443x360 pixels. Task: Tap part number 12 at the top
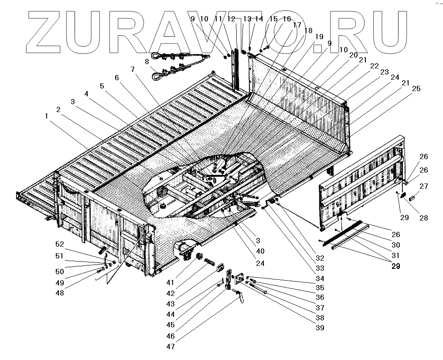(x=231, y=19)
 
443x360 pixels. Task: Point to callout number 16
(x=286, y=19)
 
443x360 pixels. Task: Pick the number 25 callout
(x=416, y=88)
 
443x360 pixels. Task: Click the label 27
(x=423, y=186)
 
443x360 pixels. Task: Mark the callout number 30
(x=396, y=245)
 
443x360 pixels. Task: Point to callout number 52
(x=59, y=244)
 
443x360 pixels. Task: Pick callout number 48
(x=59, y=293)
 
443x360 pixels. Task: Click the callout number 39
(x=321, y=328)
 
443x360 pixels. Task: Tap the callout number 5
(x=102, y=86)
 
